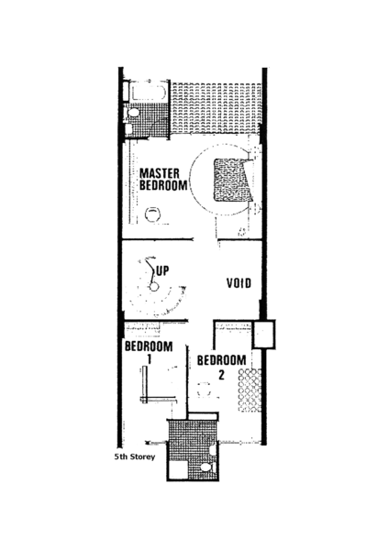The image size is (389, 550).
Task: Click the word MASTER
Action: [x=160, y=173]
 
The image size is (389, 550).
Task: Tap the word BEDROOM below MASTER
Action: [x=163, y=185]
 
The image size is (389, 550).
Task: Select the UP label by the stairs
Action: [x=162, y=270]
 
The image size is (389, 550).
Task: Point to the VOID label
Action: [x=239, y=283]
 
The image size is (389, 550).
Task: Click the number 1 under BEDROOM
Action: [x=149, y=359]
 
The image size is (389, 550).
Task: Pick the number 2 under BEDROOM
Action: [x=221, y=375]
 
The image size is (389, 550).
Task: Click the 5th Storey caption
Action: [x=135, y=456]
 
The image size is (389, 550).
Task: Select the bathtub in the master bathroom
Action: [x=149, y=93]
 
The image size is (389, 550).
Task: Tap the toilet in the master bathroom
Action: [x=132, y=113]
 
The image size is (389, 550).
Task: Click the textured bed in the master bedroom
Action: [x=233, y=180]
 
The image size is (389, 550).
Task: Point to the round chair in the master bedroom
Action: [x=152, y=214]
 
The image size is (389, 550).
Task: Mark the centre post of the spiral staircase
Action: [x=153, y=287]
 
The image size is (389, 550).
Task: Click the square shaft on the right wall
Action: [x=263, y=334]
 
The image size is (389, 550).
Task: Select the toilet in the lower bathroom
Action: [x=206, y=467]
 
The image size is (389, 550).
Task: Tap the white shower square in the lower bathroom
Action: [x=179, y=470]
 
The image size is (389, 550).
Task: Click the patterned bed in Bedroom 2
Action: [x=250, y=390]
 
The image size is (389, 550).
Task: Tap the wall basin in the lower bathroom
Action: [x=212, y=450]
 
